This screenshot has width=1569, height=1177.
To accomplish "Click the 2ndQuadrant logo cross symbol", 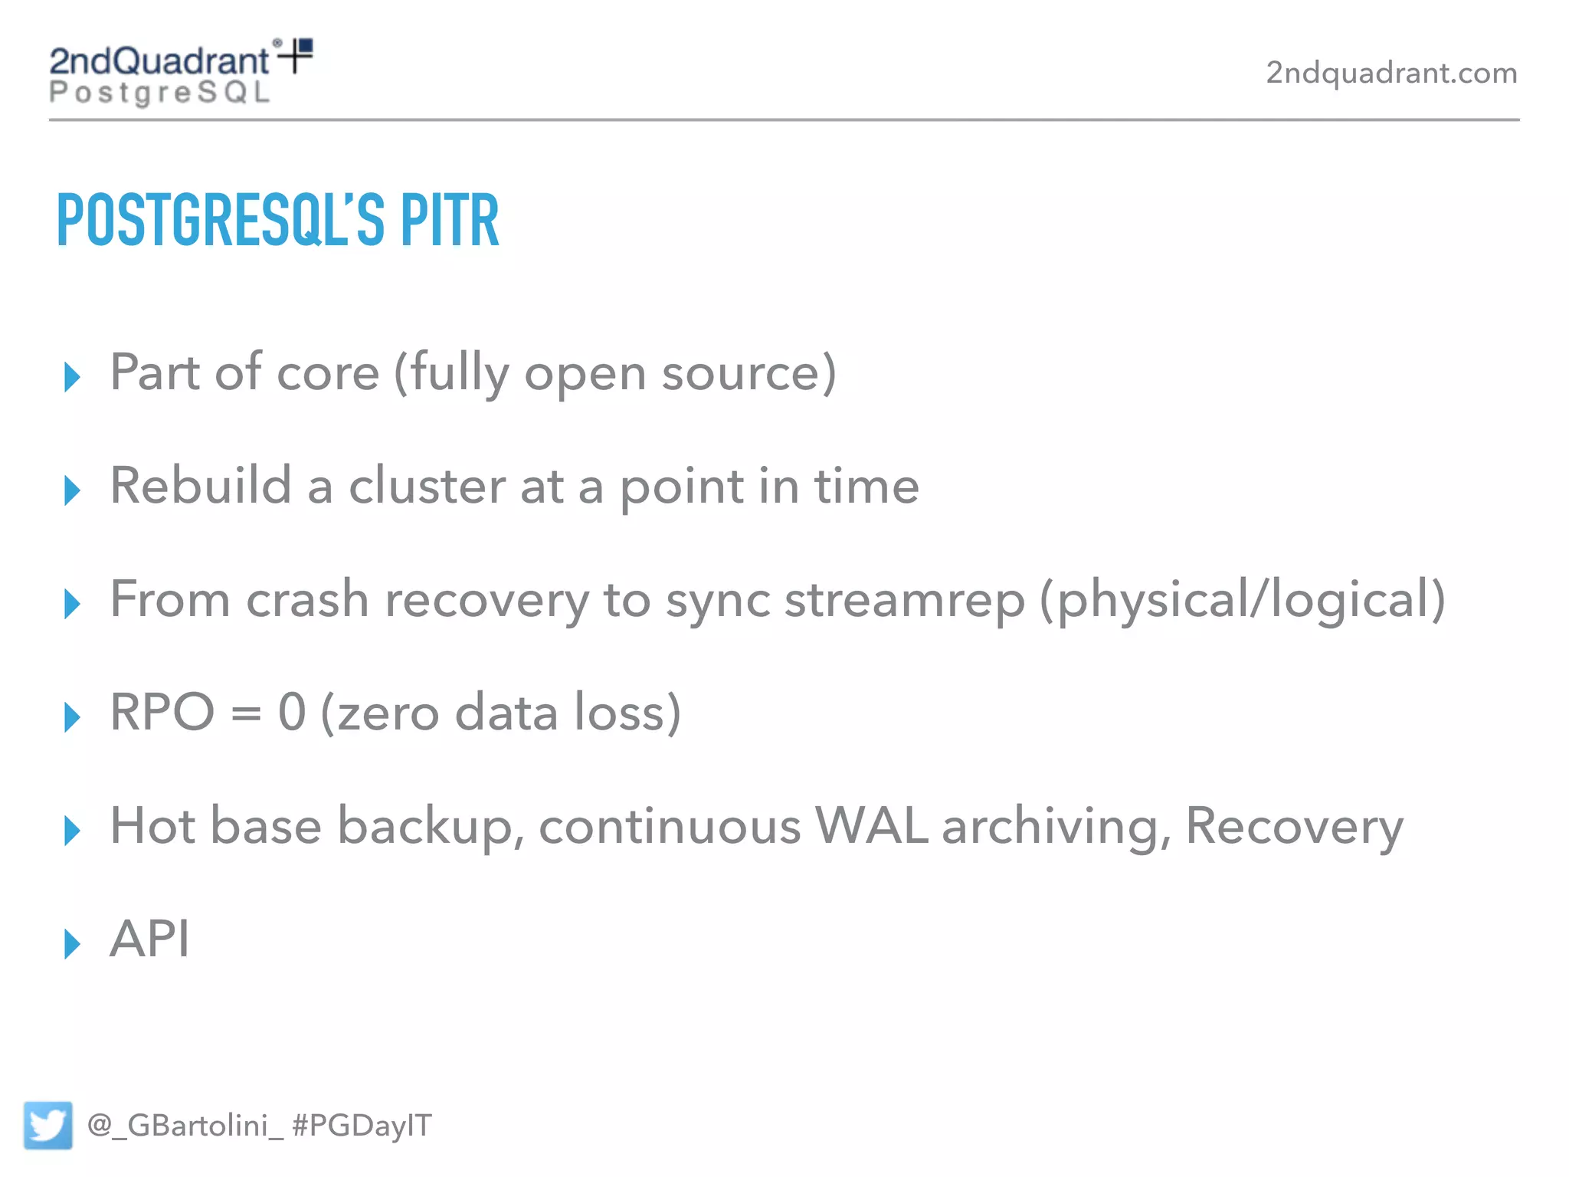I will coord(296,56).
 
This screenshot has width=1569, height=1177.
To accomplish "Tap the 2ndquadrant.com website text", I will coord(1391,73).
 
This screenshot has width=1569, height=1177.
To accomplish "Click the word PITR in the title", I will coord(450,221).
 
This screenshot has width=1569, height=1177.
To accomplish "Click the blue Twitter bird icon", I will coord(47,1125).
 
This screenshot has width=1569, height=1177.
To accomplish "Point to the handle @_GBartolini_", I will coord(185,1125).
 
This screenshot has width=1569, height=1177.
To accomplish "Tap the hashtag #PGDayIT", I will coord(362,1125).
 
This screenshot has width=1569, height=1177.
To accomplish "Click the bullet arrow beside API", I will coord(72,943).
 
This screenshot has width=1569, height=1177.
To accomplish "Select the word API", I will coord(150,939).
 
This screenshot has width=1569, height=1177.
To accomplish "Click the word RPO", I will coord(162,713).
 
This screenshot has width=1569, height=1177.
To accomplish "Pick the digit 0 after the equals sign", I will coord(292,713).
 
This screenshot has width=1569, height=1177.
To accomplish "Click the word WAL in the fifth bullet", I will coord(871,826).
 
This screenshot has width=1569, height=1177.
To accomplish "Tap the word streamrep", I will coord(904,599).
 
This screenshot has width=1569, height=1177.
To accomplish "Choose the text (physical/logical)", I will coord(1242,599).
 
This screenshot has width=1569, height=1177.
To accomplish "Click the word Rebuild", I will coord(201,486).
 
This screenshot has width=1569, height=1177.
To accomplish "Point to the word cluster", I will coord(427,486).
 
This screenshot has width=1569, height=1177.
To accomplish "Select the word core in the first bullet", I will coord(327,373).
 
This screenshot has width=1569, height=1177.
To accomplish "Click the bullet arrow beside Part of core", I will coord(72,377).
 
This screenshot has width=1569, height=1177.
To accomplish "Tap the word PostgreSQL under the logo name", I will coord(160,93).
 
